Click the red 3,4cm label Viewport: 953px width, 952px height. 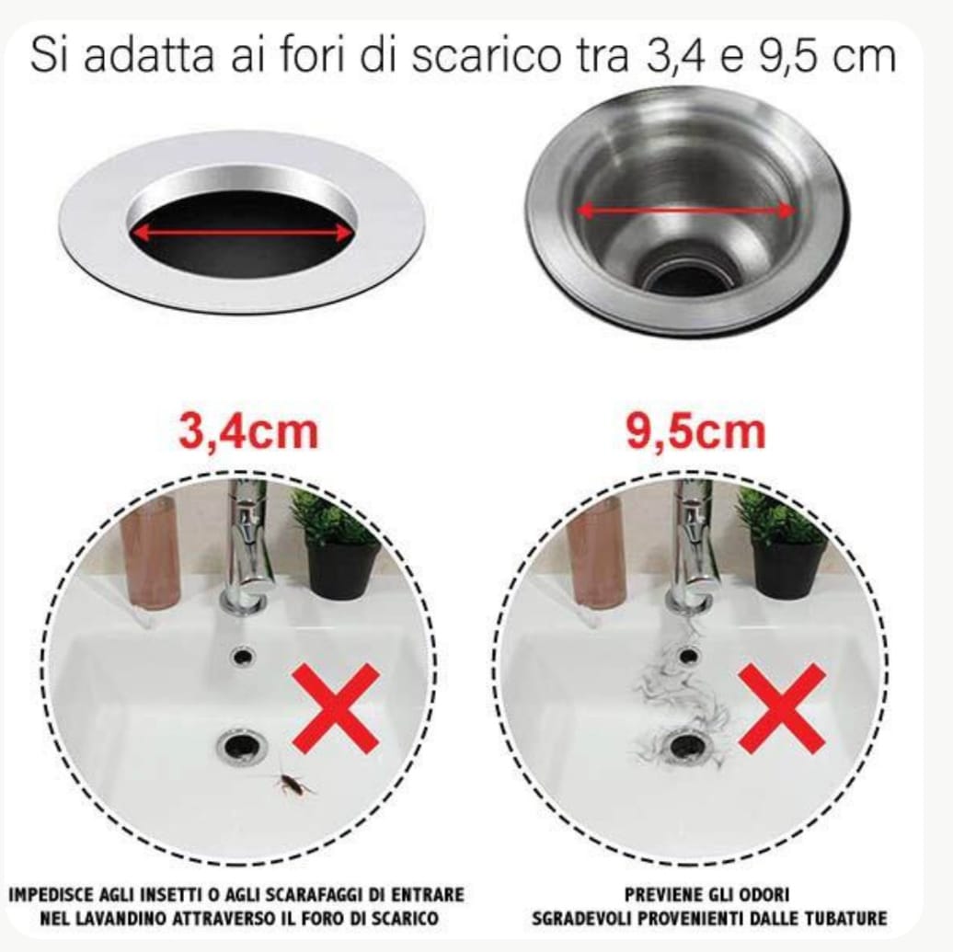248,433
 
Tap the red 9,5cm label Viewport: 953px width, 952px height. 695,432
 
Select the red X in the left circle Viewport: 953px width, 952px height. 336,708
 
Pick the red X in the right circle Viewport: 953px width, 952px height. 782,708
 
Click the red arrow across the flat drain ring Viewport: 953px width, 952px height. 243,233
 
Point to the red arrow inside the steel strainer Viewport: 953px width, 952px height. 685,211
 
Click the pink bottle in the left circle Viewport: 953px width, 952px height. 150,552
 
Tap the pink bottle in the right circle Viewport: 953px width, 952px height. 596,552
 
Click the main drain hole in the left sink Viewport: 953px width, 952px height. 241,743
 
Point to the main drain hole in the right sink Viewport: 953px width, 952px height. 686,743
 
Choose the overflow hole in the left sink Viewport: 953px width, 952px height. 243,656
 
